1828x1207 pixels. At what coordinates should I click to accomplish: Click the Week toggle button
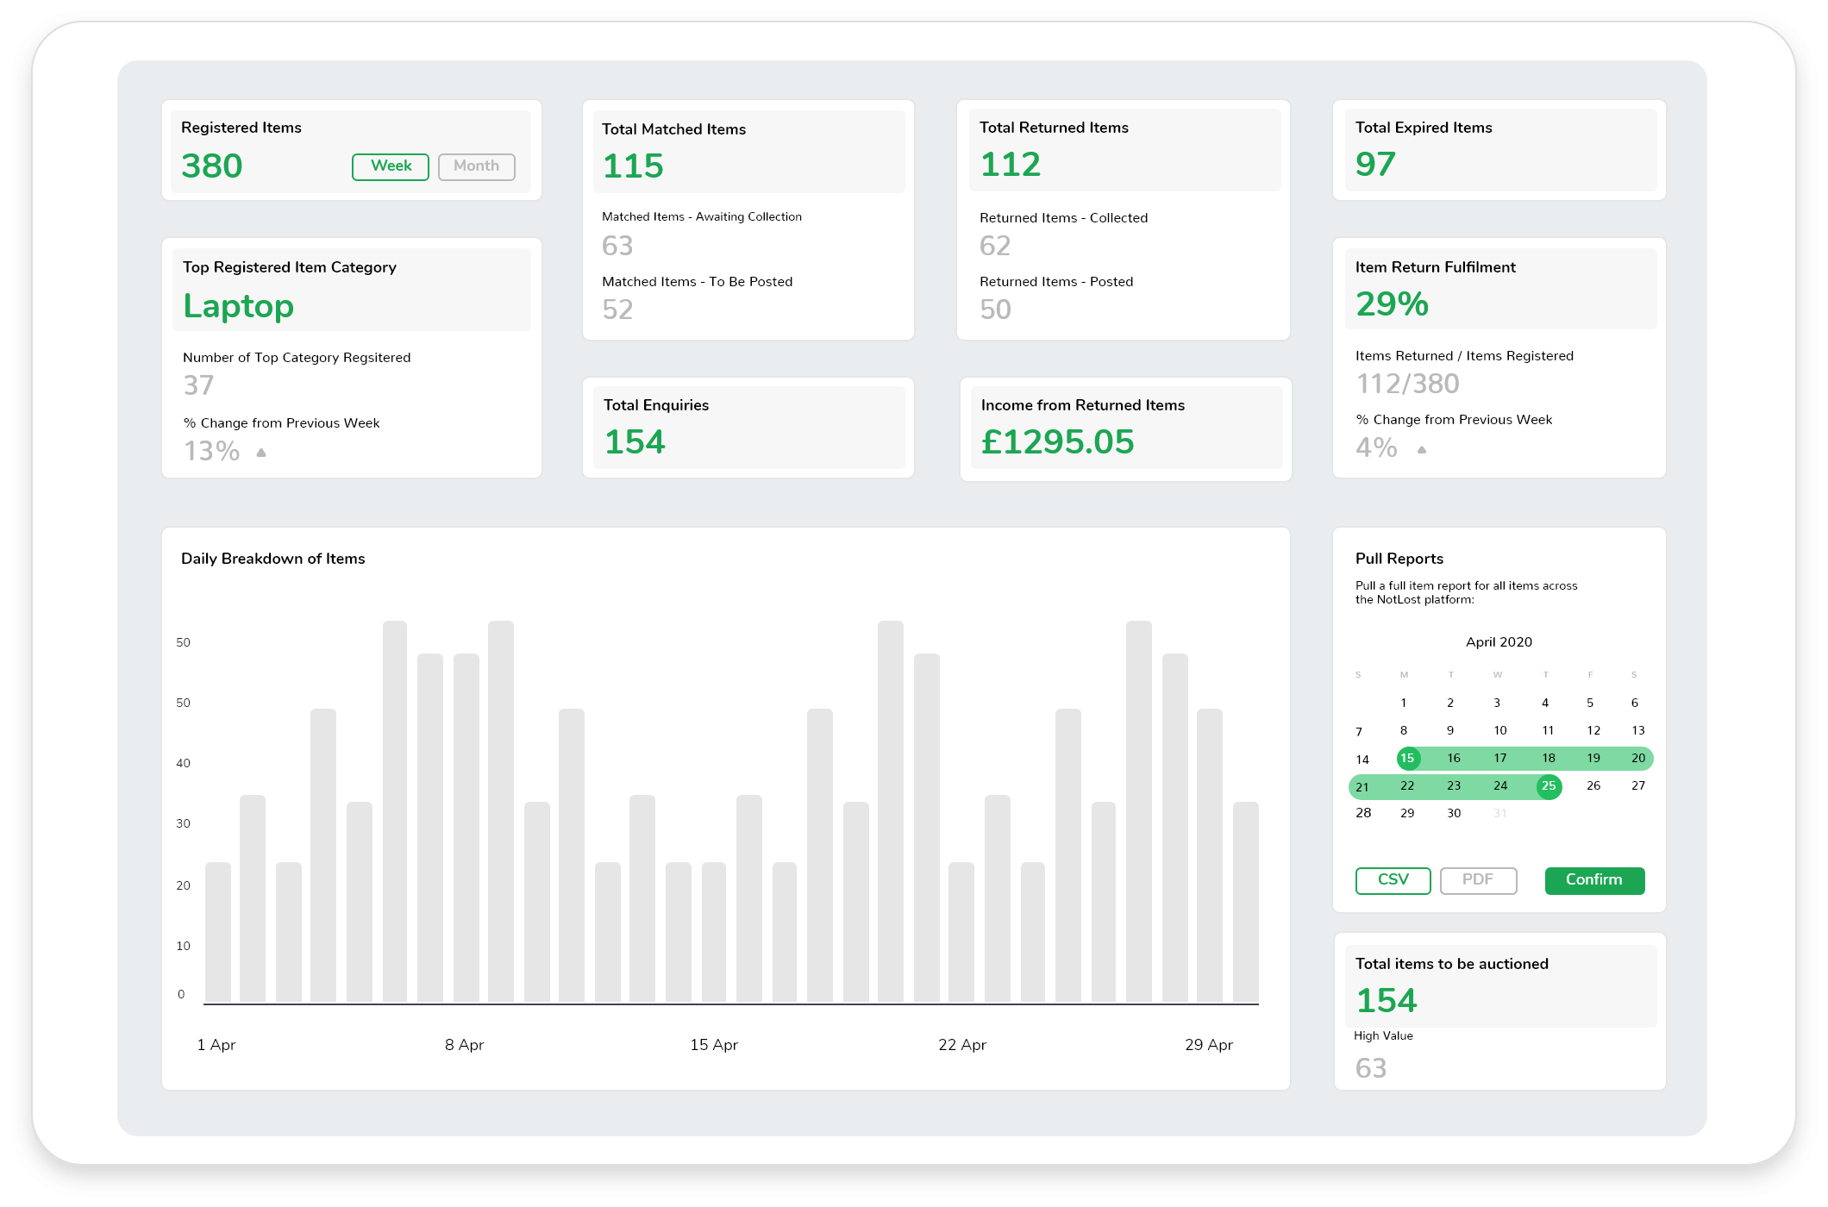pos(390,166)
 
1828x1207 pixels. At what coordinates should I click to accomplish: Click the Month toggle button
pos(476,166)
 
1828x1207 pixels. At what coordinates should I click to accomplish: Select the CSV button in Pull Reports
pos(1393,880)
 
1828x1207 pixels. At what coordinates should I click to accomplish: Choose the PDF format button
pos(1478,880)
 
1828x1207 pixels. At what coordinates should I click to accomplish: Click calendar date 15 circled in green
pos(1407,759)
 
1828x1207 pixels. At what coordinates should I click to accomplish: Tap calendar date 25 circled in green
pos(1549,786)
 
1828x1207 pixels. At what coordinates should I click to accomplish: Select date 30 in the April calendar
pos(1454,813)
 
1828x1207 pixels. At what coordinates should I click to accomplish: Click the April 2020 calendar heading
pos(1499,642)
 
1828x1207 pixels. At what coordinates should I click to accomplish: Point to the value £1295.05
pos(1057,442)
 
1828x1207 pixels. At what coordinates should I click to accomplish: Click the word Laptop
pos(238,306)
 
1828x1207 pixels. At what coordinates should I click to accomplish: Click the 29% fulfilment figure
pos(1392,304)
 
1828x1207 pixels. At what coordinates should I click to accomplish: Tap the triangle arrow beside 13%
pos(261,452)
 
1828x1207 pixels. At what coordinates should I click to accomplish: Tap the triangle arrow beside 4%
pos(1422,449)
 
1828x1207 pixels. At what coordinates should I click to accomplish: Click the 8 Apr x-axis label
pos(464,1045)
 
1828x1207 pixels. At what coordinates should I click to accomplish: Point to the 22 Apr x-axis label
pos(961,1045)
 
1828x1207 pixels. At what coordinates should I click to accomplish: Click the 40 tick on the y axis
pos(183,763)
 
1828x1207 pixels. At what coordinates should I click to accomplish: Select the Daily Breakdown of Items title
pos(272,559)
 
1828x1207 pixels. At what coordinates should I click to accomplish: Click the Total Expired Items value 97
pos(1374,165)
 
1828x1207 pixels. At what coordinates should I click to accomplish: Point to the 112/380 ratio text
pos(1407,384)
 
